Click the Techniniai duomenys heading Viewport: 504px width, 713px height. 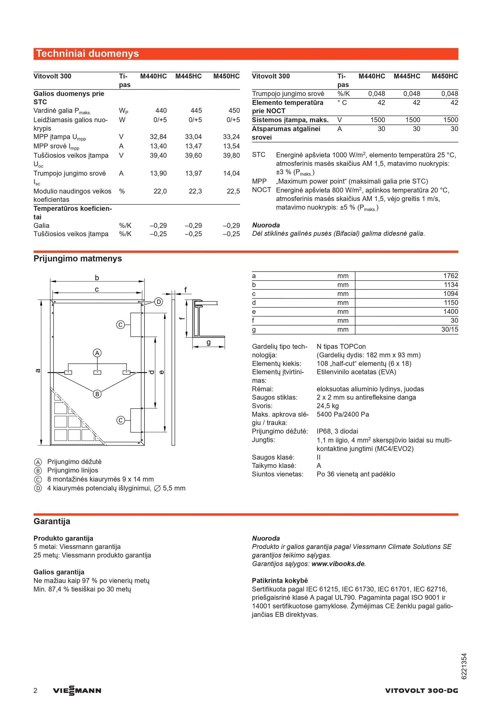[x=88, y=54]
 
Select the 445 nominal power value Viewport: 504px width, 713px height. [x=196, y=111]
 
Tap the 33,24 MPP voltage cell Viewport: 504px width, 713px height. [x=231, y=137]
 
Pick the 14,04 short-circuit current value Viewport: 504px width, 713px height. [x=231, y=174]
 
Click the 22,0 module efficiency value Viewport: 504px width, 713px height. [x=160, y=191]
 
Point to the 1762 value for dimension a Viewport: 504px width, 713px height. [x=450, y=276]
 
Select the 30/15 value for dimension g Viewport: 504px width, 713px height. [x=449, y=330]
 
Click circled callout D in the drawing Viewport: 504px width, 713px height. [x=159, y=302]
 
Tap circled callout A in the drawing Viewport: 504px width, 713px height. [x=97, y=353]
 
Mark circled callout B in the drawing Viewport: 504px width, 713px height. [x=97, y=394]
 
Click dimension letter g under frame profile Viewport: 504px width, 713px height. [x=208, y=342]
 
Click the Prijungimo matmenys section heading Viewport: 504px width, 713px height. [x=78, y=259]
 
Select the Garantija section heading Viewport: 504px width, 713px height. [x=52, y=521]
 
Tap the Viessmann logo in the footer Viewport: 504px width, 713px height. [x=77, y=691]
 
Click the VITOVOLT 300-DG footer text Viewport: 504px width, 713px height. [x=421, y=691]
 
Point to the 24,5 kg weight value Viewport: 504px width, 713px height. [x=327, y=406]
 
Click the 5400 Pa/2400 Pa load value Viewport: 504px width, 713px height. [x=343, y=414]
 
